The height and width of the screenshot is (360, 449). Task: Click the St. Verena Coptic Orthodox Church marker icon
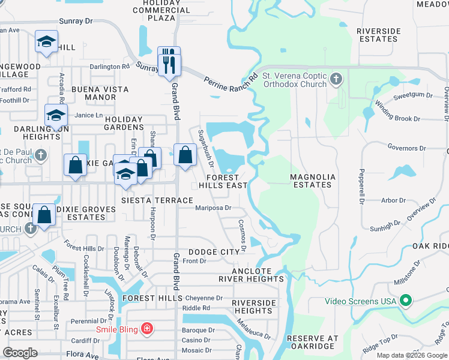336,79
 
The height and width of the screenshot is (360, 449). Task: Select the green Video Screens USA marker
406,301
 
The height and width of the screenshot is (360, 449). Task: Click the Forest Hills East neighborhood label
227,181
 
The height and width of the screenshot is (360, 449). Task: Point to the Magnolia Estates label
310,181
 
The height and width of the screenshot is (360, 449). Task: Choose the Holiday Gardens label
124,123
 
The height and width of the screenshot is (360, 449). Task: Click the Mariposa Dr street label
213,209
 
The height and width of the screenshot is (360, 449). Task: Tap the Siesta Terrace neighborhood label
157,200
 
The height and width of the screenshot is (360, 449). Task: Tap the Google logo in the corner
20,353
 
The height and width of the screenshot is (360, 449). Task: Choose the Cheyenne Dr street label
203,298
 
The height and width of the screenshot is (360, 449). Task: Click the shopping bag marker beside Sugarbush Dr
185,154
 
